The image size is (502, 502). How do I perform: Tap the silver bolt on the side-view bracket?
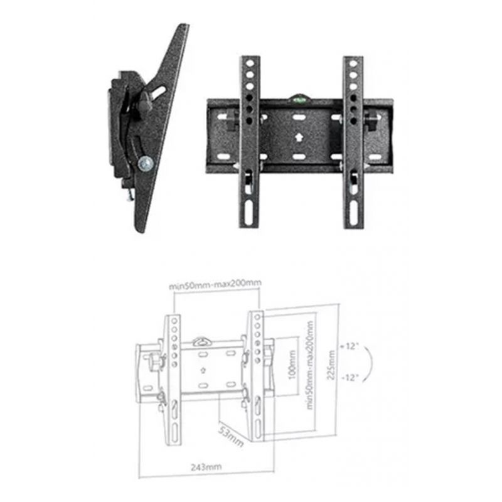coord(146,164)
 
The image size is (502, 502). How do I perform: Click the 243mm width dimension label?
coord(206,467)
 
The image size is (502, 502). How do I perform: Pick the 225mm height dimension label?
coord(331,365)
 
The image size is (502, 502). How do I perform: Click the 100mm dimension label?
coord(292,365)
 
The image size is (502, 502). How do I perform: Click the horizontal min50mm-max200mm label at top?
coord(215,284)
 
